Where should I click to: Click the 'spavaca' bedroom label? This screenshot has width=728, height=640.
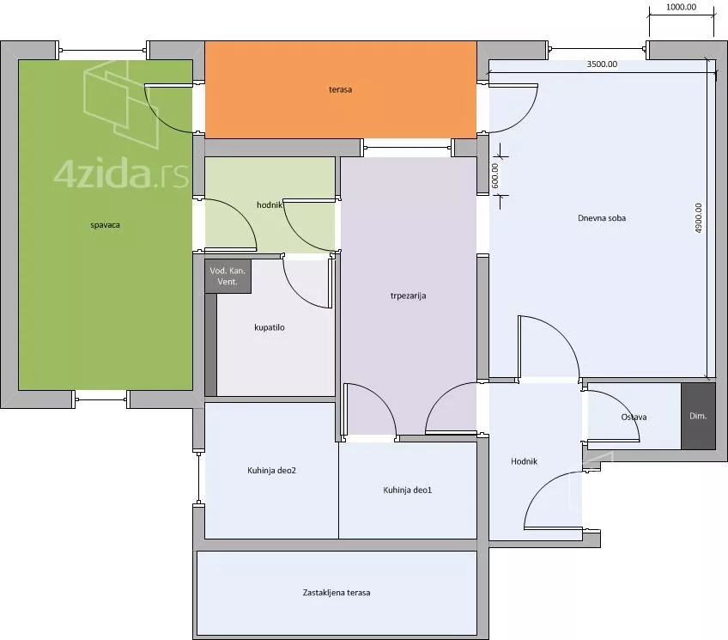pos(105,225)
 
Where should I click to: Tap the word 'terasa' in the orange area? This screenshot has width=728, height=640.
pos(340,89)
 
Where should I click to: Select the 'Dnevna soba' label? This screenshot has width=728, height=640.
pos(602,218)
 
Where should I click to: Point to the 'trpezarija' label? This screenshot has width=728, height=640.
pos(408,296)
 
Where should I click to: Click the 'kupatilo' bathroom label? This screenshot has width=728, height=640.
pos(270,327)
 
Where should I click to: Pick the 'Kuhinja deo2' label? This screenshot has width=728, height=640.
pos(271,471)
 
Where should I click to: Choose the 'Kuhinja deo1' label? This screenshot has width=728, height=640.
pos(408,490)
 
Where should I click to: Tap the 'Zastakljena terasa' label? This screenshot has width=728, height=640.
pos(337,593)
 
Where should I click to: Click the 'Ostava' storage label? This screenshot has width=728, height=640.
pos(634,417)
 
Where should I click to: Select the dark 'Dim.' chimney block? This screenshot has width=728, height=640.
pos(698,416)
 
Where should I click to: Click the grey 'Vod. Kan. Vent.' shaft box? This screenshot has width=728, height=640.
pos(228,277)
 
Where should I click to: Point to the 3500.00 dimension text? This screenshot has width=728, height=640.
pos(602,64)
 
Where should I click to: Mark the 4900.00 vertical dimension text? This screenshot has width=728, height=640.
pos(699,218)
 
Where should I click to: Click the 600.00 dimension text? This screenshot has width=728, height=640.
pos(495,175)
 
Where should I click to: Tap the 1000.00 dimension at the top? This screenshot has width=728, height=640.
pos(681,7)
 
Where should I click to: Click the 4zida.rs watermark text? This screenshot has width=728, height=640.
pos(121,174)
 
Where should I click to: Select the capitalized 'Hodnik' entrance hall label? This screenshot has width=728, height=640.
pos(525,461)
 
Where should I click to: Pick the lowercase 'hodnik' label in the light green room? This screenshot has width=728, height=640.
pos(270,204)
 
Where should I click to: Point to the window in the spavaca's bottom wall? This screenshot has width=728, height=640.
pos(100,399)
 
